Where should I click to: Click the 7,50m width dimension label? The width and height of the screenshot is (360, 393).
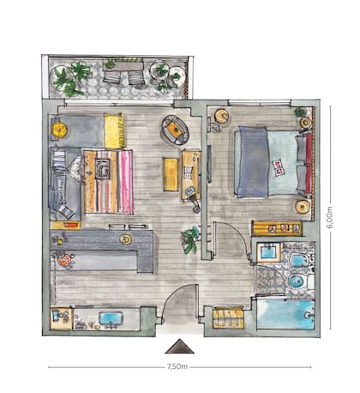pos(177,366)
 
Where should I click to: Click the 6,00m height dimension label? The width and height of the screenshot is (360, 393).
pos(330,217)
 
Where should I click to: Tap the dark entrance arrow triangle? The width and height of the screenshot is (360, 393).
pos(180,347)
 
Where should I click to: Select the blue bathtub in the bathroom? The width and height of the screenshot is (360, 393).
pos(285,314)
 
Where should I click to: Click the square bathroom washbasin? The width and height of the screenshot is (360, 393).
pos(268,252)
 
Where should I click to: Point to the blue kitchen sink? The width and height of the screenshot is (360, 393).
pos(111,320)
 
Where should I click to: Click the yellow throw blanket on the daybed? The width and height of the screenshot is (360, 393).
pos(115,130)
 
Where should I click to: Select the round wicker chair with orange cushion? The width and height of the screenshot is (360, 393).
pos(175,130)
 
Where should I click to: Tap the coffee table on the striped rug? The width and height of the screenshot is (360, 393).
pos(103,169)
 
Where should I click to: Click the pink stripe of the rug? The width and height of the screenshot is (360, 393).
pos(126,182)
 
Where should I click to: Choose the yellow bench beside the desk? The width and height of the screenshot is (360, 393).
pos(171,174)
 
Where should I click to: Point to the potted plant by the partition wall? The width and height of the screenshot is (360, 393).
pos(190,239)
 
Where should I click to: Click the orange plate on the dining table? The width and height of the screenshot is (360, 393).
pos(63,261)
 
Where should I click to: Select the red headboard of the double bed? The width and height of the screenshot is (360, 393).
pos(309,163)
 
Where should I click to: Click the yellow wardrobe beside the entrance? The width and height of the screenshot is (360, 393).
pos(229,317)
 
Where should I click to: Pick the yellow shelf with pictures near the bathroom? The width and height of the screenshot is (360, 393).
pos(277,228)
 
